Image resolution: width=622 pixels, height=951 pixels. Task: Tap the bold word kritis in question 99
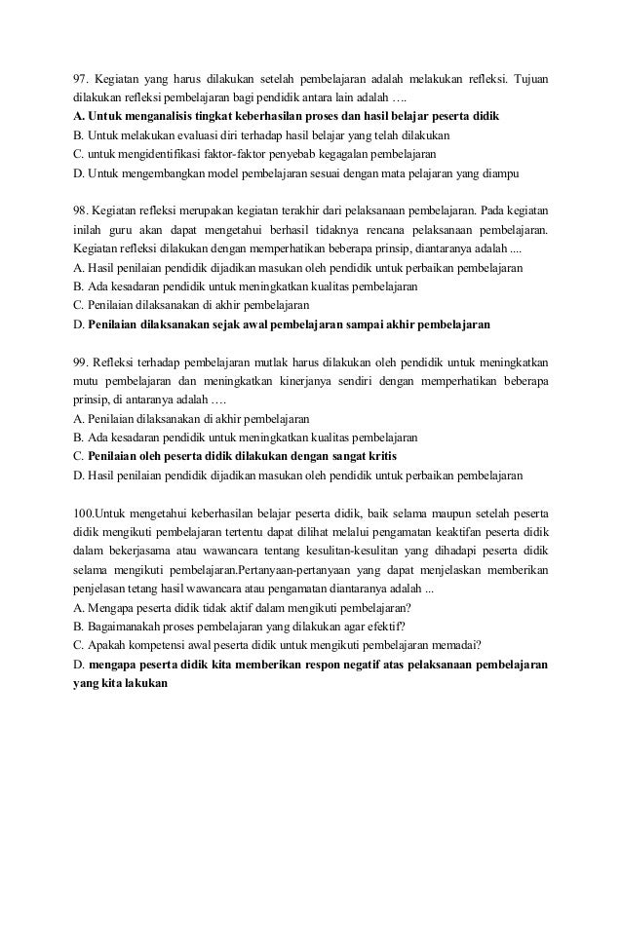[376, 455]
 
